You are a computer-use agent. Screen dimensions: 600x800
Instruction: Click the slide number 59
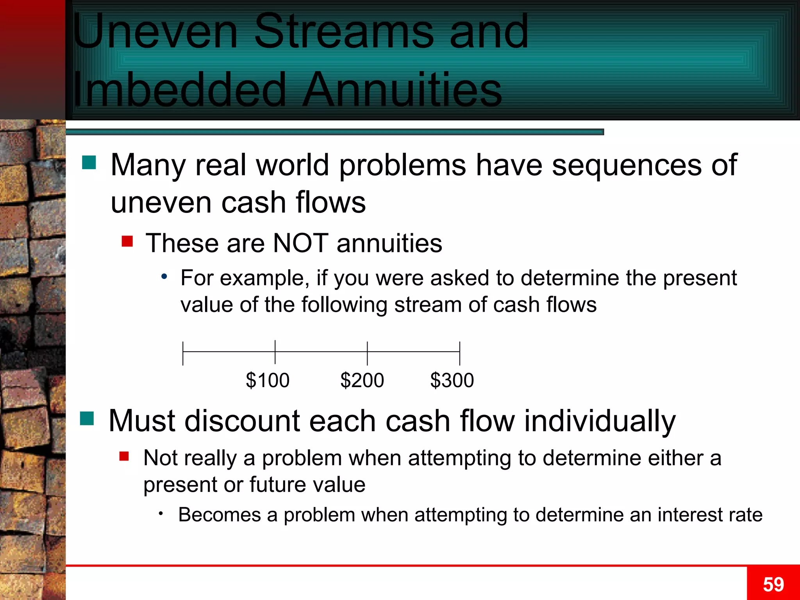[773, 584]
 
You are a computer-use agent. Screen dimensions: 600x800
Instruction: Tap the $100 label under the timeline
[268, 380]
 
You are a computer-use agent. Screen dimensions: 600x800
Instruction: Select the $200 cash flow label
[362, 380]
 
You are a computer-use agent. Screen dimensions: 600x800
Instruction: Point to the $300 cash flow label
[452, 380]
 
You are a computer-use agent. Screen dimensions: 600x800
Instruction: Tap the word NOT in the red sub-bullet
[300, 243]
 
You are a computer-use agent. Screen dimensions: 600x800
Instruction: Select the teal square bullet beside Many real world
[89, 162]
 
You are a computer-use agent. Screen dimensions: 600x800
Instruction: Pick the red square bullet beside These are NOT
[127, 241]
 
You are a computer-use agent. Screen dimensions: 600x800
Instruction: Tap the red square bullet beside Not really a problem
[124, 456]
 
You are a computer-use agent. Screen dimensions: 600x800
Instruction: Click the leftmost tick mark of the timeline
[183, 353]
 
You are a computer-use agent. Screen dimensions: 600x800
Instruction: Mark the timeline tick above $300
[460, 353]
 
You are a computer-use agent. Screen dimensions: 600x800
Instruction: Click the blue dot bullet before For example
[164, 277]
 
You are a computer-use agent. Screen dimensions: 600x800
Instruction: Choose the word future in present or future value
[277, 484]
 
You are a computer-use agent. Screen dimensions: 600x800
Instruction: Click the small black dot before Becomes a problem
[161, 513]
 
